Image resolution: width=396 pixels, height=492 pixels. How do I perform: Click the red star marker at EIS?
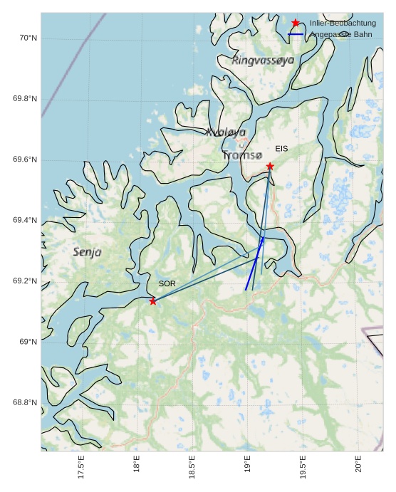click(x=270, y=166)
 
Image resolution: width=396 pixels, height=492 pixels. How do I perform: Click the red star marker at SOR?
click(x=153, y=301)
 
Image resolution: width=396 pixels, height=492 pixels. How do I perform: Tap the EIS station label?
click(x=281, y=149)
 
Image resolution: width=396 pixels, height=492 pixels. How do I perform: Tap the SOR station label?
click(x=167, y=283)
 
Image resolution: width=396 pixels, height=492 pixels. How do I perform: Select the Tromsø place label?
click(x=241, y=155)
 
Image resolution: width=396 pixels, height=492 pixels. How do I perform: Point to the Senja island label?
click(x=88, y=252)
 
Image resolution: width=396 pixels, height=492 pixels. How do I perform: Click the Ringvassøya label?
click(x=263, y=61)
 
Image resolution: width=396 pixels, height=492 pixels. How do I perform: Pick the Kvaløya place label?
click(x=226, y=132)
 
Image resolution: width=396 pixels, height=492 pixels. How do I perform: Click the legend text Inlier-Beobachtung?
click(x=343, y=23)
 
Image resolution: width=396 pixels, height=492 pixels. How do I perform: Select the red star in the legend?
click(x=296, y=23)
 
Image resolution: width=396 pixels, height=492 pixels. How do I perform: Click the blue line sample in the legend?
click(x=296, y=34)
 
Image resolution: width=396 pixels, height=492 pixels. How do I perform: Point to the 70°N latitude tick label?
click(x=28, y=38)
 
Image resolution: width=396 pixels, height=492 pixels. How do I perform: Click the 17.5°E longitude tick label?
click(x=81, y=467)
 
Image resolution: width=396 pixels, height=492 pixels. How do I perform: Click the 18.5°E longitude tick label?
click(x=192, y=467)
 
